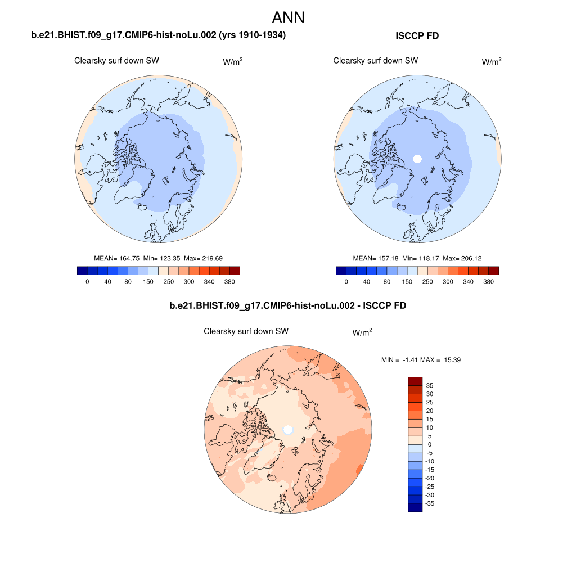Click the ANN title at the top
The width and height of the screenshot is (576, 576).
pos(288,17)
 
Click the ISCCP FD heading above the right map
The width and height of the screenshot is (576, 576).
pos(417,36)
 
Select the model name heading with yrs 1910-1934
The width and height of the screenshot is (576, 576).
pos(159,35)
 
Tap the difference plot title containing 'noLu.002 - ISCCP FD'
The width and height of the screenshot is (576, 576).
pos(287,306)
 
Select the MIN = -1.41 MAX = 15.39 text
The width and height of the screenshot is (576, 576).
pos(421,359)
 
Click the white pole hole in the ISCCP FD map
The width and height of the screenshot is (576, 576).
pos(417,159)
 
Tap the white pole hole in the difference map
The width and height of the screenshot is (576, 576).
pos(288,430)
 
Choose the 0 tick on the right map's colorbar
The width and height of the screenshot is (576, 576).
pos(346,281)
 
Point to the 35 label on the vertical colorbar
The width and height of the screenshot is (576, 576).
pos(429,385)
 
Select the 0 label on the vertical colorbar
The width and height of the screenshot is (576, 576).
pos(429,444)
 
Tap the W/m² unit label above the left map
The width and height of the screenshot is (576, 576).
pos(233,62)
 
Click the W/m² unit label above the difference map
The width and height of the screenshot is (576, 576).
pos(362,333)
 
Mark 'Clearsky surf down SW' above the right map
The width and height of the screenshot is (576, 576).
pos(376,61)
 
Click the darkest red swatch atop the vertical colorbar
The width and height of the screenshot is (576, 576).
pos(415,381)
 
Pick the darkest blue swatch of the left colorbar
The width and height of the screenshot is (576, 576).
pos(82,271)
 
